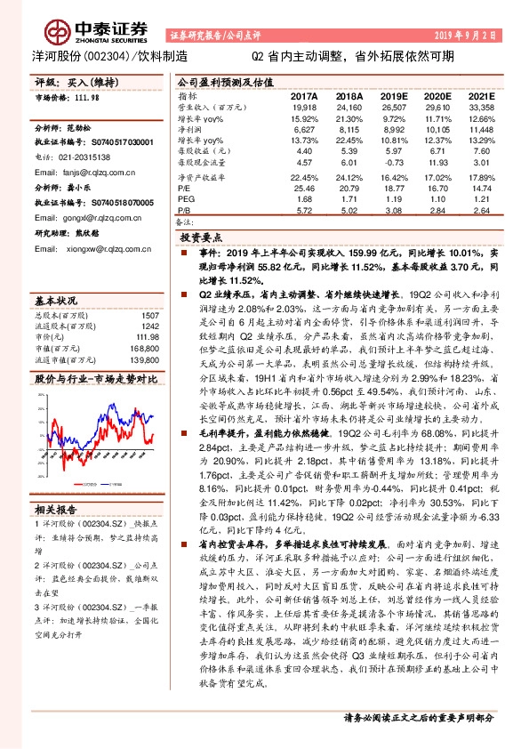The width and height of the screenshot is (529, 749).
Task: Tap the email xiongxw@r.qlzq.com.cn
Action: (x=97, y=249)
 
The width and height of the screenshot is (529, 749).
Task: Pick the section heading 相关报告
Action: (x=56, y=510)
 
